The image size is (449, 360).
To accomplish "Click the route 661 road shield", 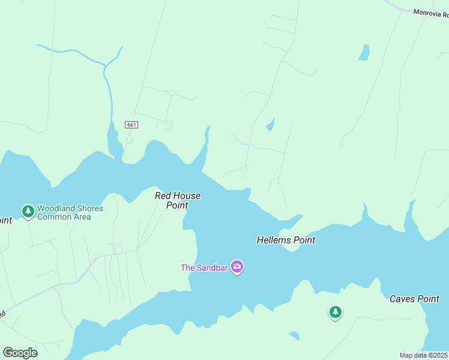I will [x=132, y=125].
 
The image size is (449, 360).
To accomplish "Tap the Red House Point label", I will [x=177, y=200].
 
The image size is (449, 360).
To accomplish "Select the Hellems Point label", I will [x=286, y=240].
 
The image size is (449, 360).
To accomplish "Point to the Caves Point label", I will [x=414, y=299].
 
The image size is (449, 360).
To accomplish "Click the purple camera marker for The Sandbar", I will [x=237, y=267].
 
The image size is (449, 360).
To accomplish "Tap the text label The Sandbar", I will [x=204, y=268].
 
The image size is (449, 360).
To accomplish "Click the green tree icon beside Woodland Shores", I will [x=28, y=211].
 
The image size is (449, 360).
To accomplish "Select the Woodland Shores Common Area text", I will [x=70, y=213].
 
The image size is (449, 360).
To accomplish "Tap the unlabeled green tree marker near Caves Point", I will [x=336, y=312].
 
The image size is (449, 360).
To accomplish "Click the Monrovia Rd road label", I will [x=431, y=12].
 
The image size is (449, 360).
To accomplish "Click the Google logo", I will [x=20, y=352].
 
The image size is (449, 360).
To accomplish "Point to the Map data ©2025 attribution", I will [x=424, y=355].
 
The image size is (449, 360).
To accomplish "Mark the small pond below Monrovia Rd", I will [x=364, y=53].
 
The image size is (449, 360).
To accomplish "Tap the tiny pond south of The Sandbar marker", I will [x=294, y=335].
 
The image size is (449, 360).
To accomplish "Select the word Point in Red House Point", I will [x=177, y=205].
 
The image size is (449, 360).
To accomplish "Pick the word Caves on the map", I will [x=402, y=299].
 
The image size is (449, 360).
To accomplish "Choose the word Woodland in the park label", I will [x=56, y=209].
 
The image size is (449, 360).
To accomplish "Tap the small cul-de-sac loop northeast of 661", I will [x=171, y=93].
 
